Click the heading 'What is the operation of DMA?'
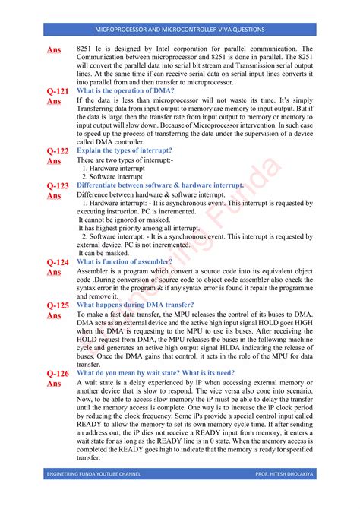tap(125, 91)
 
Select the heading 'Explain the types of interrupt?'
tap(125, 151)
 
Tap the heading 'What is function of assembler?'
tap(125, 262)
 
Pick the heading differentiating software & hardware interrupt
tap(160, 185)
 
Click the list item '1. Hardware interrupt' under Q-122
tap(112, 169)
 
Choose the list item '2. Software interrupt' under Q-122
tap(111, 177)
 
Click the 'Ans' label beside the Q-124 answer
tap(54, 273)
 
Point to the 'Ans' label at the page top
tap(54, 50)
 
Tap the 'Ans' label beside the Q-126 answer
tap(54, 384)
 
